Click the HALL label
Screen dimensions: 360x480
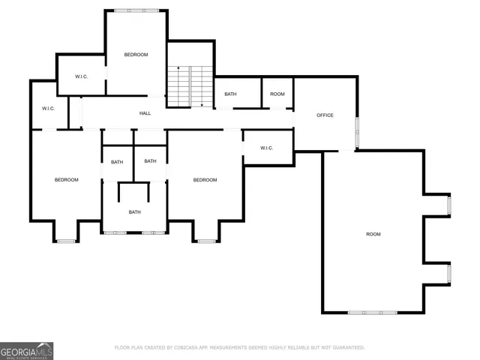tap(145, 113)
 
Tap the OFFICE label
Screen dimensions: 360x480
tap(325, 115)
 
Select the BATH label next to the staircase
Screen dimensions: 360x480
tap(230, 94)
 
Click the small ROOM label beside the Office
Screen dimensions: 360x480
tap(277, 94)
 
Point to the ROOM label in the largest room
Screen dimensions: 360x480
tap(373, 235)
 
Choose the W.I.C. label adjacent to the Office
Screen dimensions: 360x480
tap(267, 148)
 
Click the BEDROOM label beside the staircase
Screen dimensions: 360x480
tap(136, 55)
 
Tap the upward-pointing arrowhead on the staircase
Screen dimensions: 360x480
tap(178, 68)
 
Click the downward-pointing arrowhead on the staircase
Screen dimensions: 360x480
tap(202, 104)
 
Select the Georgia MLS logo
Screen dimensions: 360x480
tap(26, 350)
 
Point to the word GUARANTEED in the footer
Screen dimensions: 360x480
tap(346, 348)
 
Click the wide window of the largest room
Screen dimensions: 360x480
tap(373, 312)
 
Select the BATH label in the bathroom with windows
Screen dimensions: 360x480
tap(134, 212)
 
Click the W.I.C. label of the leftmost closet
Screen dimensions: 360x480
tap(48, 109)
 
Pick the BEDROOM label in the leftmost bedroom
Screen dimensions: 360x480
tap(66, 180)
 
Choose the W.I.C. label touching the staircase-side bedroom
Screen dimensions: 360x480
tap(81, 77)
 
